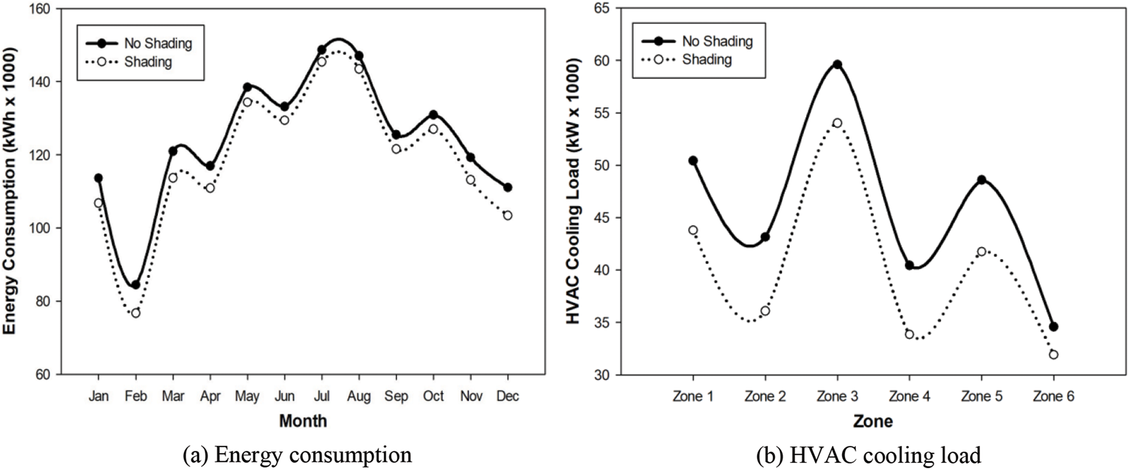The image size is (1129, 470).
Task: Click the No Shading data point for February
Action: pyautogui.click(x=136, y=285)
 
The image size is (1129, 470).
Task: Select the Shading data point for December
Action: pyautogui.click(x=507, y=215)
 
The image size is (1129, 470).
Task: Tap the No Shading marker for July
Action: pyautogui.click(x=322, y=50)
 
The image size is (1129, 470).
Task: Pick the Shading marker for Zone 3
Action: pyautogui.click(x=837, y=123)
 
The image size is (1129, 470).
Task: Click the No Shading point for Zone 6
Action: pyautogui.click(x=1054, y=327)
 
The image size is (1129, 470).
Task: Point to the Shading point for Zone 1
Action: pyautogui.click(x=693, y=230)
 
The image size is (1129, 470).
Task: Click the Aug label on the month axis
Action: pyautogui.click(x=359, y=396)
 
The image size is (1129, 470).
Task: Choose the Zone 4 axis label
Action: pyautogui.click(x=909, y=396)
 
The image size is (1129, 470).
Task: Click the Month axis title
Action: pyautogui.click(x=302, y=421)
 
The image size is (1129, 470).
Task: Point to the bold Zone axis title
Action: pyautogui.click(x=873, y=421)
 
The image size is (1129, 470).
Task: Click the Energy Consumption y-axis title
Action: pyautogui.click(x=10, y=191)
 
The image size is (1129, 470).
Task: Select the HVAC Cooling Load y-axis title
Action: pyautogui.click(x=574, y=191)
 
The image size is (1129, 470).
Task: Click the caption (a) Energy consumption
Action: pyautogui.click(x=297, y=455)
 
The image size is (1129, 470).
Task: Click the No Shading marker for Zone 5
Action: pyautogui.click(x=982, y=180)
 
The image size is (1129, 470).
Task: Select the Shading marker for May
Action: pyautogui.click(x=247, y=102)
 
